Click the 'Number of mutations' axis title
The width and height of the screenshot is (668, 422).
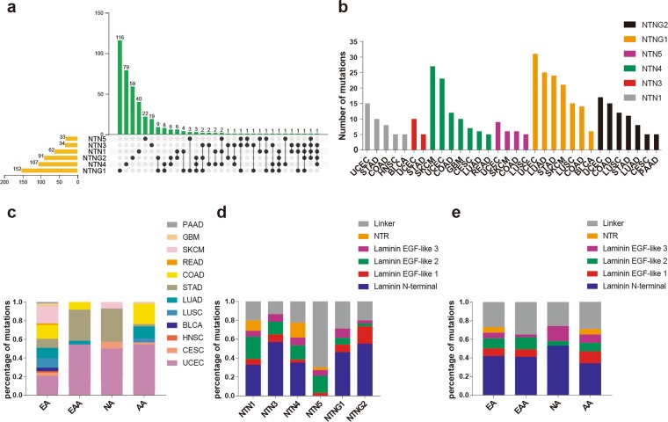coord(326,89)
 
